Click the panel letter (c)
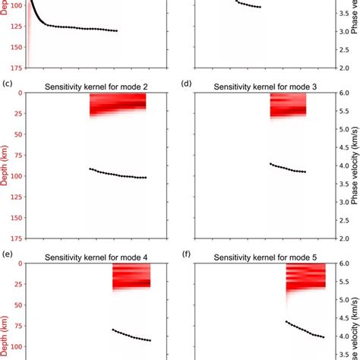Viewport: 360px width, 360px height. [7, 84]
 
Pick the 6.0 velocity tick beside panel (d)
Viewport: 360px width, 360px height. [343, 93]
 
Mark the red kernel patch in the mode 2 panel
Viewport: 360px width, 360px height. [117, 103]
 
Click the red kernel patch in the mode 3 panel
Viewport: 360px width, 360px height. [288, 104]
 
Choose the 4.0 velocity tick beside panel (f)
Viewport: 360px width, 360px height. [343, 336]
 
